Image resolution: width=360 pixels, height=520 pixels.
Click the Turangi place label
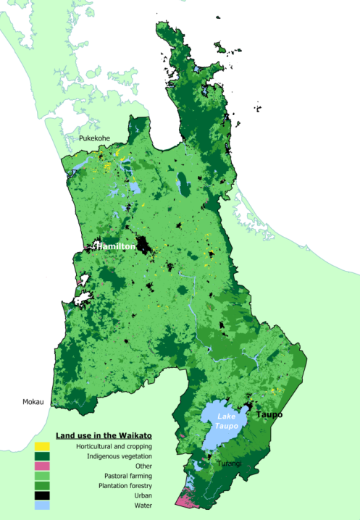click(x=229, y=463)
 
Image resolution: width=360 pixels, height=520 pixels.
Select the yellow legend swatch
click(x=42, y=447)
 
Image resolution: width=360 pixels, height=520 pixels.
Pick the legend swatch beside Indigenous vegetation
click(x=42, y=456)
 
